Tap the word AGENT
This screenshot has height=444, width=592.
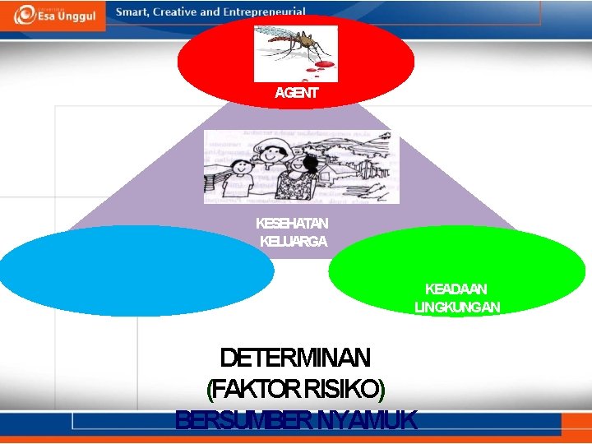(x=296, y=93)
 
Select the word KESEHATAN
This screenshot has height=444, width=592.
(x=292, y=224)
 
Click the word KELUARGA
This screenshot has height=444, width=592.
(x=294, y=242)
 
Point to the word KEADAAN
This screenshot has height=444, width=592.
(x=456, y=289)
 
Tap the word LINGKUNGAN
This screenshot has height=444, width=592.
(x=457, y=308)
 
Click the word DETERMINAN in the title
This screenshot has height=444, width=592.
(x=295, y=358)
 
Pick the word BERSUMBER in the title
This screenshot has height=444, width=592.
(x=244, y=420)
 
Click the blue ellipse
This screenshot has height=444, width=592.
(x=136, y=271)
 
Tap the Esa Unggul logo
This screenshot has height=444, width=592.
(x=53, y=15)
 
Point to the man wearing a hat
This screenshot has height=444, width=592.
(x=269, y=164)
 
